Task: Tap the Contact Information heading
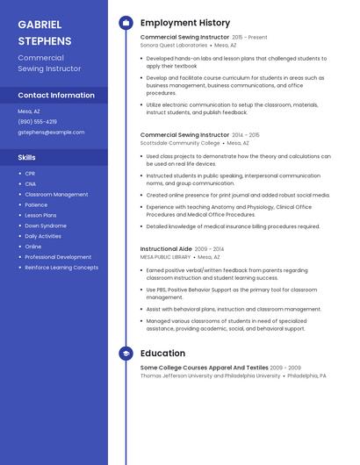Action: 56,95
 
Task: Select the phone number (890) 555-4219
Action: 37,122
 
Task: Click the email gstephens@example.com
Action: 51,132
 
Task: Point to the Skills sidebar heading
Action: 27,157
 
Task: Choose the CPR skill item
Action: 30,174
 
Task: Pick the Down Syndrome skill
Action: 45,225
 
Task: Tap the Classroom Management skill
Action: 56,194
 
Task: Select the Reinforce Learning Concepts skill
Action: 61,268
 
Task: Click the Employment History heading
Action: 185,23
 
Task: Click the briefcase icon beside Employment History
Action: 126,23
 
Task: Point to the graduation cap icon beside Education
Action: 126,354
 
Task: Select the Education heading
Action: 162,354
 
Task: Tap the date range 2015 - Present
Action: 249,38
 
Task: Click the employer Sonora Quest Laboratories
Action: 174,45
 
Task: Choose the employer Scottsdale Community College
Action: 180,143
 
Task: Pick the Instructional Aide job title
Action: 166,249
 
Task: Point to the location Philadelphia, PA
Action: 306,376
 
